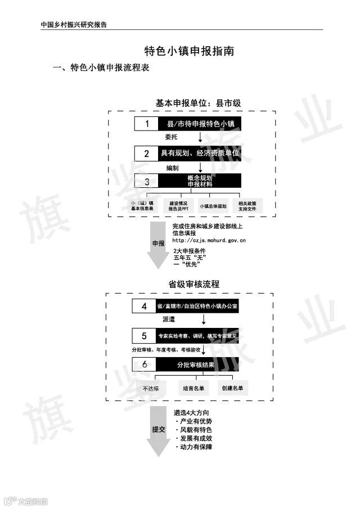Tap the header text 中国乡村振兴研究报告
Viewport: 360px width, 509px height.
point(74,25)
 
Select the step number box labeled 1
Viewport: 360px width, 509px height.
point(147,124)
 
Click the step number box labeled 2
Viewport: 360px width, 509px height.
point(147,153)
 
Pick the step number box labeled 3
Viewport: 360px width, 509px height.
point(147,181)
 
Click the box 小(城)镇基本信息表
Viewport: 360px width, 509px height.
point(142,205)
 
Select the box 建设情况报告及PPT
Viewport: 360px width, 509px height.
point(178,205)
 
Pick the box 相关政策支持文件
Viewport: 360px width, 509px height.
point(247,205)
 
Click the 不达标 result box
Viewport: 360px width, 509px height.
point(151,388)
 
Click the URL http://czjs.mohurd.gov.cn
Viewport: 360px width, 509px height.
point(209,240)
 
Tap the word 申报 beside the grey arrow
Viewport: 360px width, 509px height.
point(158,244)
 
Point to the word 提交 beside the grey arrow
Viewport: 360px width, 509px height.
point(158,429)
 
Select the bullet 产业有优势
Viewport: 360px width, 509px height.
point(196,421)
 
